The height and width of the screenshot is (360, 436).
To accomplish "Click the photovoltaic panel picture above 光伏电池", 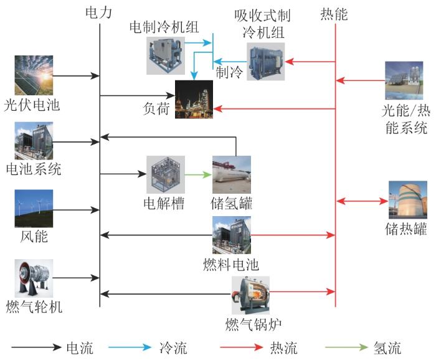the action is (34, 75).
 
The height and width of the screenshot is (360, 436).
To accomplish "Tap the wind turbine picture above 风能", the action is (34, 209).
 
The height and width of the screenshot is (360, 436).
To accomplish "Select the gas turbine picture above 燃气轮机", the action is (34, 278).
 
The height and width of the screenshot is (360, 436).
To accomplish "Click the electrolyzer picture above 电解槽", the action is (166, 174).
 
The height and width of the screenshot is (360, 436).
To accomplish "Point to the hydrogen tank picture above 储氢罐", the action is (232, 174).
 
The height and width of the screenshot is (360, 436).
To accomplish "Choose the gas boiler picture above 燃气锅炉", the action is (251, 295).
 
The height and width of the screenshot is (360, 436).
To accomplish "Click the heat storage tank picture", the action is (407, 200).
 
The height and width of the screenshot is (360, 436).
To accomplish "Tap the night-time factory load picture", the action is (194, 100).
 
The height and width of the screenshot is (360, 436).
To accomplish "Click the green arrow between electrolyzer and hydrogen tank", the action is (198, 174).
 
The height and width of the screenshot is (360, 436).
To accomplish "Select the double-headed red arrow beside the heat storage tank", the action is (363, 201).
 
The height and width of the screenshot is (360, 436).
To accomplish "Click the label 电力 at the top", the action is (98, 12).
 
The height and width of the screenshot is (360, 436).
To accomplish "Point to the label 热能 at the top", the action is (334, 14).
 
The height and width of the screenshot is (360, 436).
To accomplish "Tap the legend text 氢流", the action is (387, 348).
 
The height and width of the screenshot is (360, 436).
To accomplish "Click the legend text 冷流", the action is (173, 348).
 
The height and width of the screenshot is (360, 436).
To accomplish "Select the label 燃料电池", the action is (231, 264).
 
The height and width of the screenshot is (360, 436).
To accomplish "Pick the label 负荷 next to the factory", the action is (156, 108).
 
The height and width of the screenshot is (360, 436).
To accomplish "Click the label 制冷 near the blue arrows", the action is (229, 72).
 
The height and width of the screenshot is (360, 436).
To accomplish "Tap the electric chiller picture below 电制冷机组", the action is (166, 55).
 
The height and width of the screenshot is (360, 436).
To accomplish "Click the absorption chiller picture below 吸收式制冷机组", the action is (266, 62).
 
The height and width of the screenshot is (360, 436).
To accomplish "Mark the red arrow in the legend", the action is (242, 347).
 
